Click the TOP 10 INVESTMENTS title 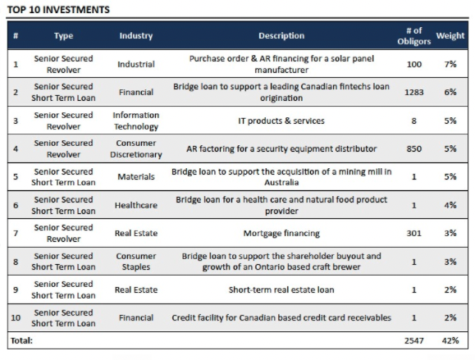point(58,10)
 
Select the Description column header point(281,35)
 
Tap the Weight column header point(450,35)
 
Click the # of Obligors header point(414,36)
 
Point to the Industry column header point(136,35)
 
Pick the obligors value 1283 point(414,92)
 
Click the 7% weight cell point(450,64)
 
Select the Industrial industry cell point(136,64)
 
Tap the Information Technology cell point(136,121)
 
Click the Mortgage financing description point(281,234)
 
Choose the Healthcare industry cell point(136,205)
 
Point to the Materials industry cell point(136,176)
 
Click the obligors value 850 point(414,148)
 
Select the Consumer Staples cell point(136,262)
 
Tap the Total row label point(21,340)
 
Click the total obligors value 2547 point(414,340)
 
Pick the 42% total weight point(450,340)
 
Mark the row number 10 point(16,317)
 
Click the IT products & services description point(281,121)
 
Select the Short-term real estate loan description point(281,289)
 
